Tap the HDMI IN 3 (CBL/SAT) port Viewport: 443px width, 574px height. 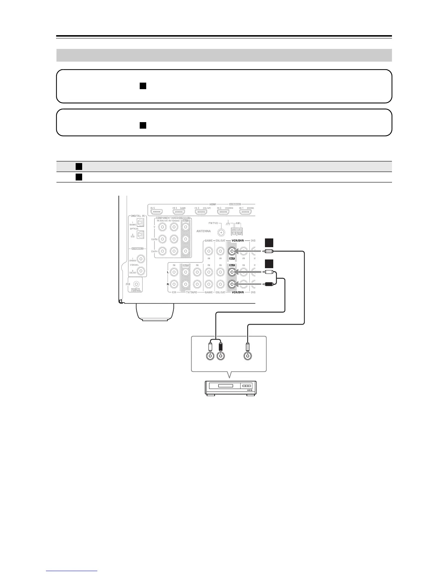click(201, 212)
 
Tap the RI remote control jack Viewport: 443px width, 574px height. click(136, 284)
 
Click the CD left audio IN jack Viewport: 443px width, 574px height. click(174, 271)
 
